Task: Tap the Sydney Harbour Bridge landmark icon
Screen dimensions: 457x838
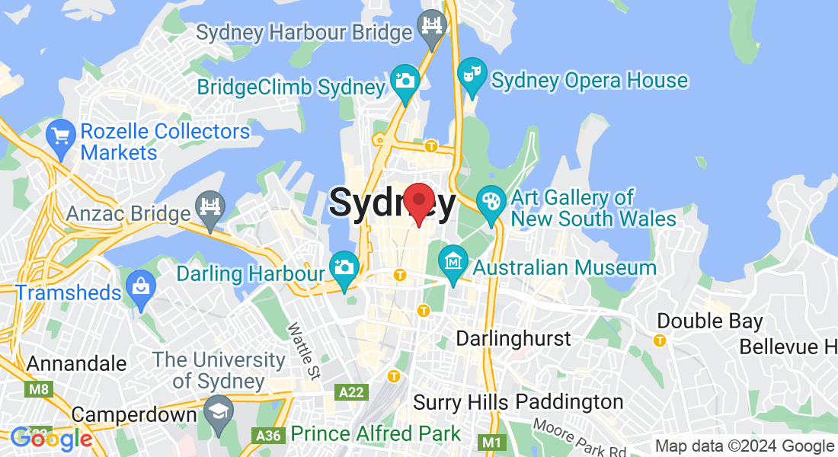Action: click(x=433, y=28)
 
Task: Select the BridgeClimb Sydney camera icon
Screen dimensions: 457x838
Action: click(x=405, y=81)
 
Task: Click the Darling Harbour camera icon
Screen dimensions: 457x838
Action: click(x=344, y=269)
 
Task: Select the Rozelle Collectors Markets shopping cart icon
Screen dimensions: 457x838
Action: click(x=60, y=137)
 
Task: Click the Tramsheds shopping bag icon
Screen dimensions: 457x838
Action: click(x=141, y=288)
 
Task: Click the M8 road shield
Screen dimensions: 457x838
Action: click(x=37, y=390)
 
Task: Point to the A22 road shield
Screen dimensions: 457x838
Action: click(x=351, y=391)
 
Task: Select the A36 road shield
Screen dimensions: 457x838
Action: click(x=267, y=435)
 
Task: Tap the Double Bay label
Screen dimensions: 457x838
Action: click(x=709, y=321)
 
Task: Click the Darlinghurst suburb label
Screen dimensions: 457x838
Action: click(x=513, y=338)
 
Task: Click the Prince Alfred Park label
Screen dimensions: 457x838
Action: click(x=376, y=434)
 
